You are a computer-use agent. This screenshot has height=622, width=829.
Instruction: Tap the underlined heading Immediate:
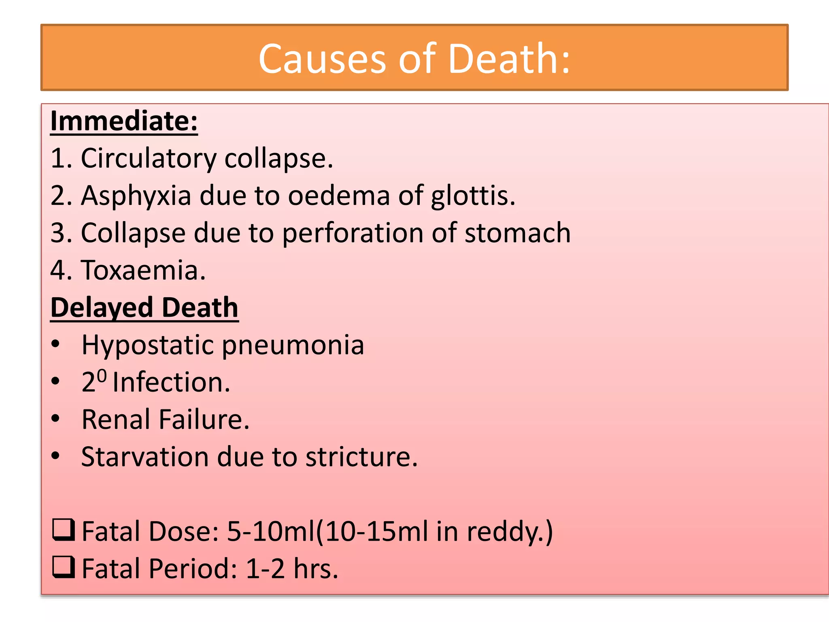point(124,121)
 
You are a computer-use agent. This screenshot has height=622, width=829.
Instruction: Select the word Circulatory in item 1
point(149,158)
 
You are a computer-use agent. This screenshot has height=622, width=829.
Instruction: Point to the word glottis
point(473,196)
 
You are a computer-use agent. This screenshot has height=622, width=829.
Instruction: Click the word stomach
point(517,233)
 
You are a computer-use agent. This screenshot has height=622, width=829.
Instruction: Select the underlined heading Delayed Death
point(144,308)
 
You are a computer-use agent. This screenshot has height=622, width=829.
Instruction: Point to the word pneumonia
point(293,345)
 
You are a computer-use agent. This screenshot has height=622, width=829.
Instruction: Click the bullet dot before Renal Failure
point(55,418)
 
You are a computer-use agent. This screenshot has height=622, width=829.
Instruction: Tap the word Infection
point(171,382)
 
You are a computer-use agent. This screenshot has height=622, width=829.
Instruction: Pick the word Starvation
point(145,457)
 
